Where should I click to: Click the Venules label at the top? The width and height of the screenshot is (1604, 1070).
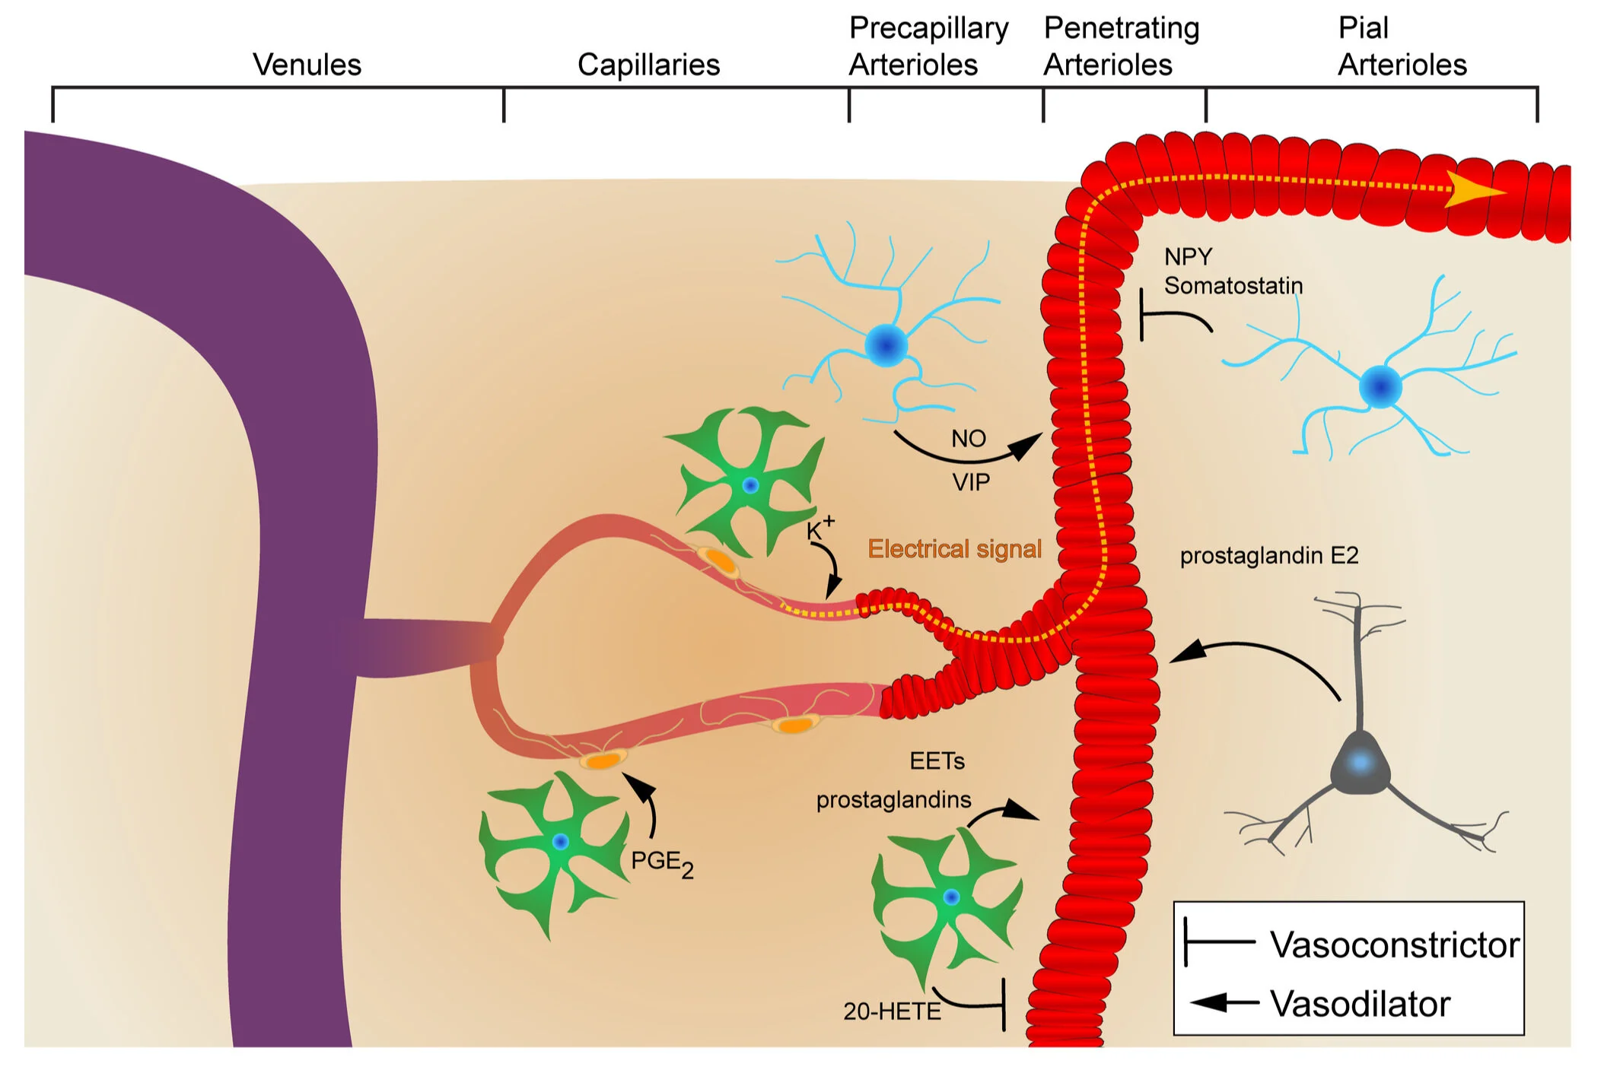pyautogui.click(x=307, y=65)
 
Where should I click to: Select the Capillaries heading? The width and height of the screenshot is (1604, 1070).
pyautogui.click(x=648, y=65)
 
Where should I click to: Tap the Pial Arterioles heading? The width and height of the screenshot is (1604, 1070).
pyautogui.click(x=1402, y=46)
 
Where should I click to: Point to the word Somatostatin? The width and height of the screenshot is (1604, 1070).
pyautogui.click(x=1233, y=286)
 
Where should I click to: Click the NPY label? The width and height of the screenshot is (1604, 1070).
pyautogui.click(x=1188, y=257)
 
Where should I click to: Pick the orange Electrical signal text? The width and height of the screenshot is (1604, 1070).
pyautogui.click(x=954, y=549)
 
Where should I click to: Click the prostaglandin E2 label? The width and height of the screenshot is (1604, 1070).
pyautogui.click(x=1268, y=556)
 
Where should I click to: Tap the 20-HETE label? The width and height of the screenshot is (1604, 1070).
pyautogui.click(x=892, y=1011)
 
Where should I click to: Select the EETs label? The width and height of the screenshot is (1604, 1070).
pyautogui.click(x=937, y=761)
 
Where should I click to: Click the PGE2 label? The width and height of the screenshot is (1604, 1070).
pyautogui.click(x=662, y=863)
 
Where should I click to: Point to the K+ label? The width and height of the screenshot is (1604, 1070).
pyautogui.click(x=820, y=528)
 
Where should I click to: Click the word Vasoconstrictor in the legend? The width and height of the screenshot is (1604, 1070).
pyautogui.click(x=1395, y=945)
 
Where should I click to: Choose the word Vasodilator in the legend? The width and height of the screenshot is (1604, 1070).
pyautogui.click(x=1361, y=1005)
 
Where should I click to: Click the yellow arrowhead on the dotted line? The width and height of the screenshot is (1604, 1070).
pyautogui.click(x=1473, y=189)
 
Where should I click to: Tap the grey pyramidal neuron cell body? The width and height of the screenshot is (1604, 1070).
pyautogui.click(x=1360, y=763)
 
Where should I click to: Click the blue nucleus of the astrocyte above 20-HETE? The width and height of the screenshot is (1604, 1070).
pyautogui.click(x=951, y=897)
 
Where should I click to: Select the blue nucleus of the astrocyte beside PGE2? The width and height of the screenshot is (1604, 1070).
pyautogui.click(x=561, y=842)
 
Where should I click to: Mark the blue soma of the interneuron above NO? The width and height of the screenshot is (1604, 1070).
pyautogui.click(x=886, y=345)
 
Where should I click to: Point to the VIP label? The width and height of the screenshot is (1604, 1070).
pyautogui.click(x=971, y=482)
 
